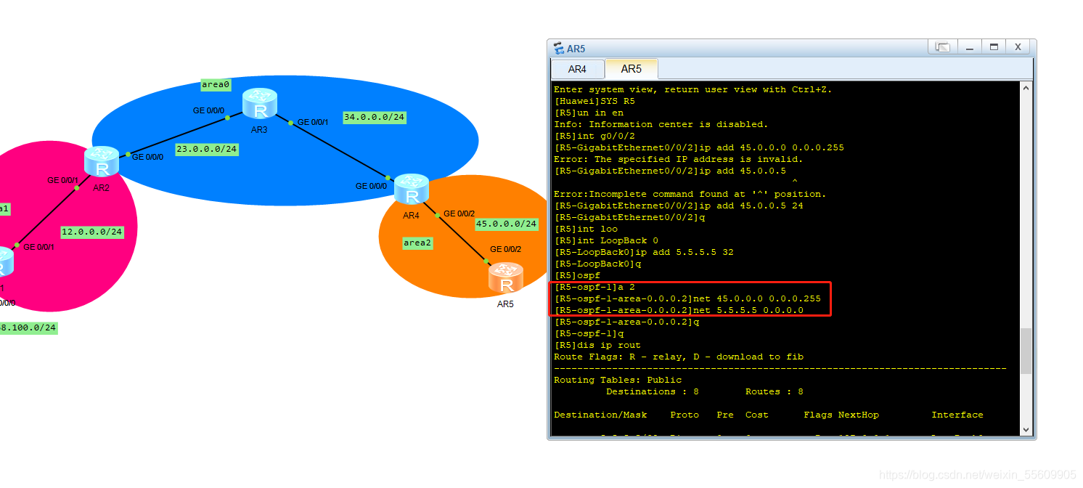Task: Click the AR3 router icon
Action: coord(260,103)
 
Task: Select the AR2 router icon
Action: coord(102,161)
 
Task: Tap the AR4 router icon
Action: coord(412,189)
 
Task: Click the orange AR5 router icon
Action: coord(505,278)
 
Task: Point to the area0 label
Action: coord(216,85)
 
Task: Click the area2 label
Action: coord(417,243)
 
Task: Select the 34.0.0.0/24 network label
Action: coord(374,117)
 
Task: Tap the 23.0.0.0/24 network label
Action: coord(207,149)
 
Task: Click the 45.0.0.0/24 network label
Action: coord(506,224)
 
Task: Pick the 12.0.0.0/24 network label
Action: coord(91,232)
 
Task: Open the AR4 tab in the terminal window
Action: coord(577,69)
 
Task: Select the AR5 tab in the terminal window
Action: coord(631,69)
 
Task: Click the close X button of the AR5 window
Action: coord(1018,47)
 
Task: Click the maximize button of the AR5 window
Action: coord(994,47)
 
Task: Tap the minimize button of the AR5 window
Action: coord(969,47)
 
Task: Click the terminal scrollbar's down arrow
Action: coord(1026,429)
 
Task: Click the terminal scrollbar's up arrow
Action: coord(1026,88)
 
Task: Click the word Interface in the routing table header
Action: coord(957,415)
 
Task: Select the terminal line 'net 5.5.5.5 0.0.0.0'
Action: coord(679,310)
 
